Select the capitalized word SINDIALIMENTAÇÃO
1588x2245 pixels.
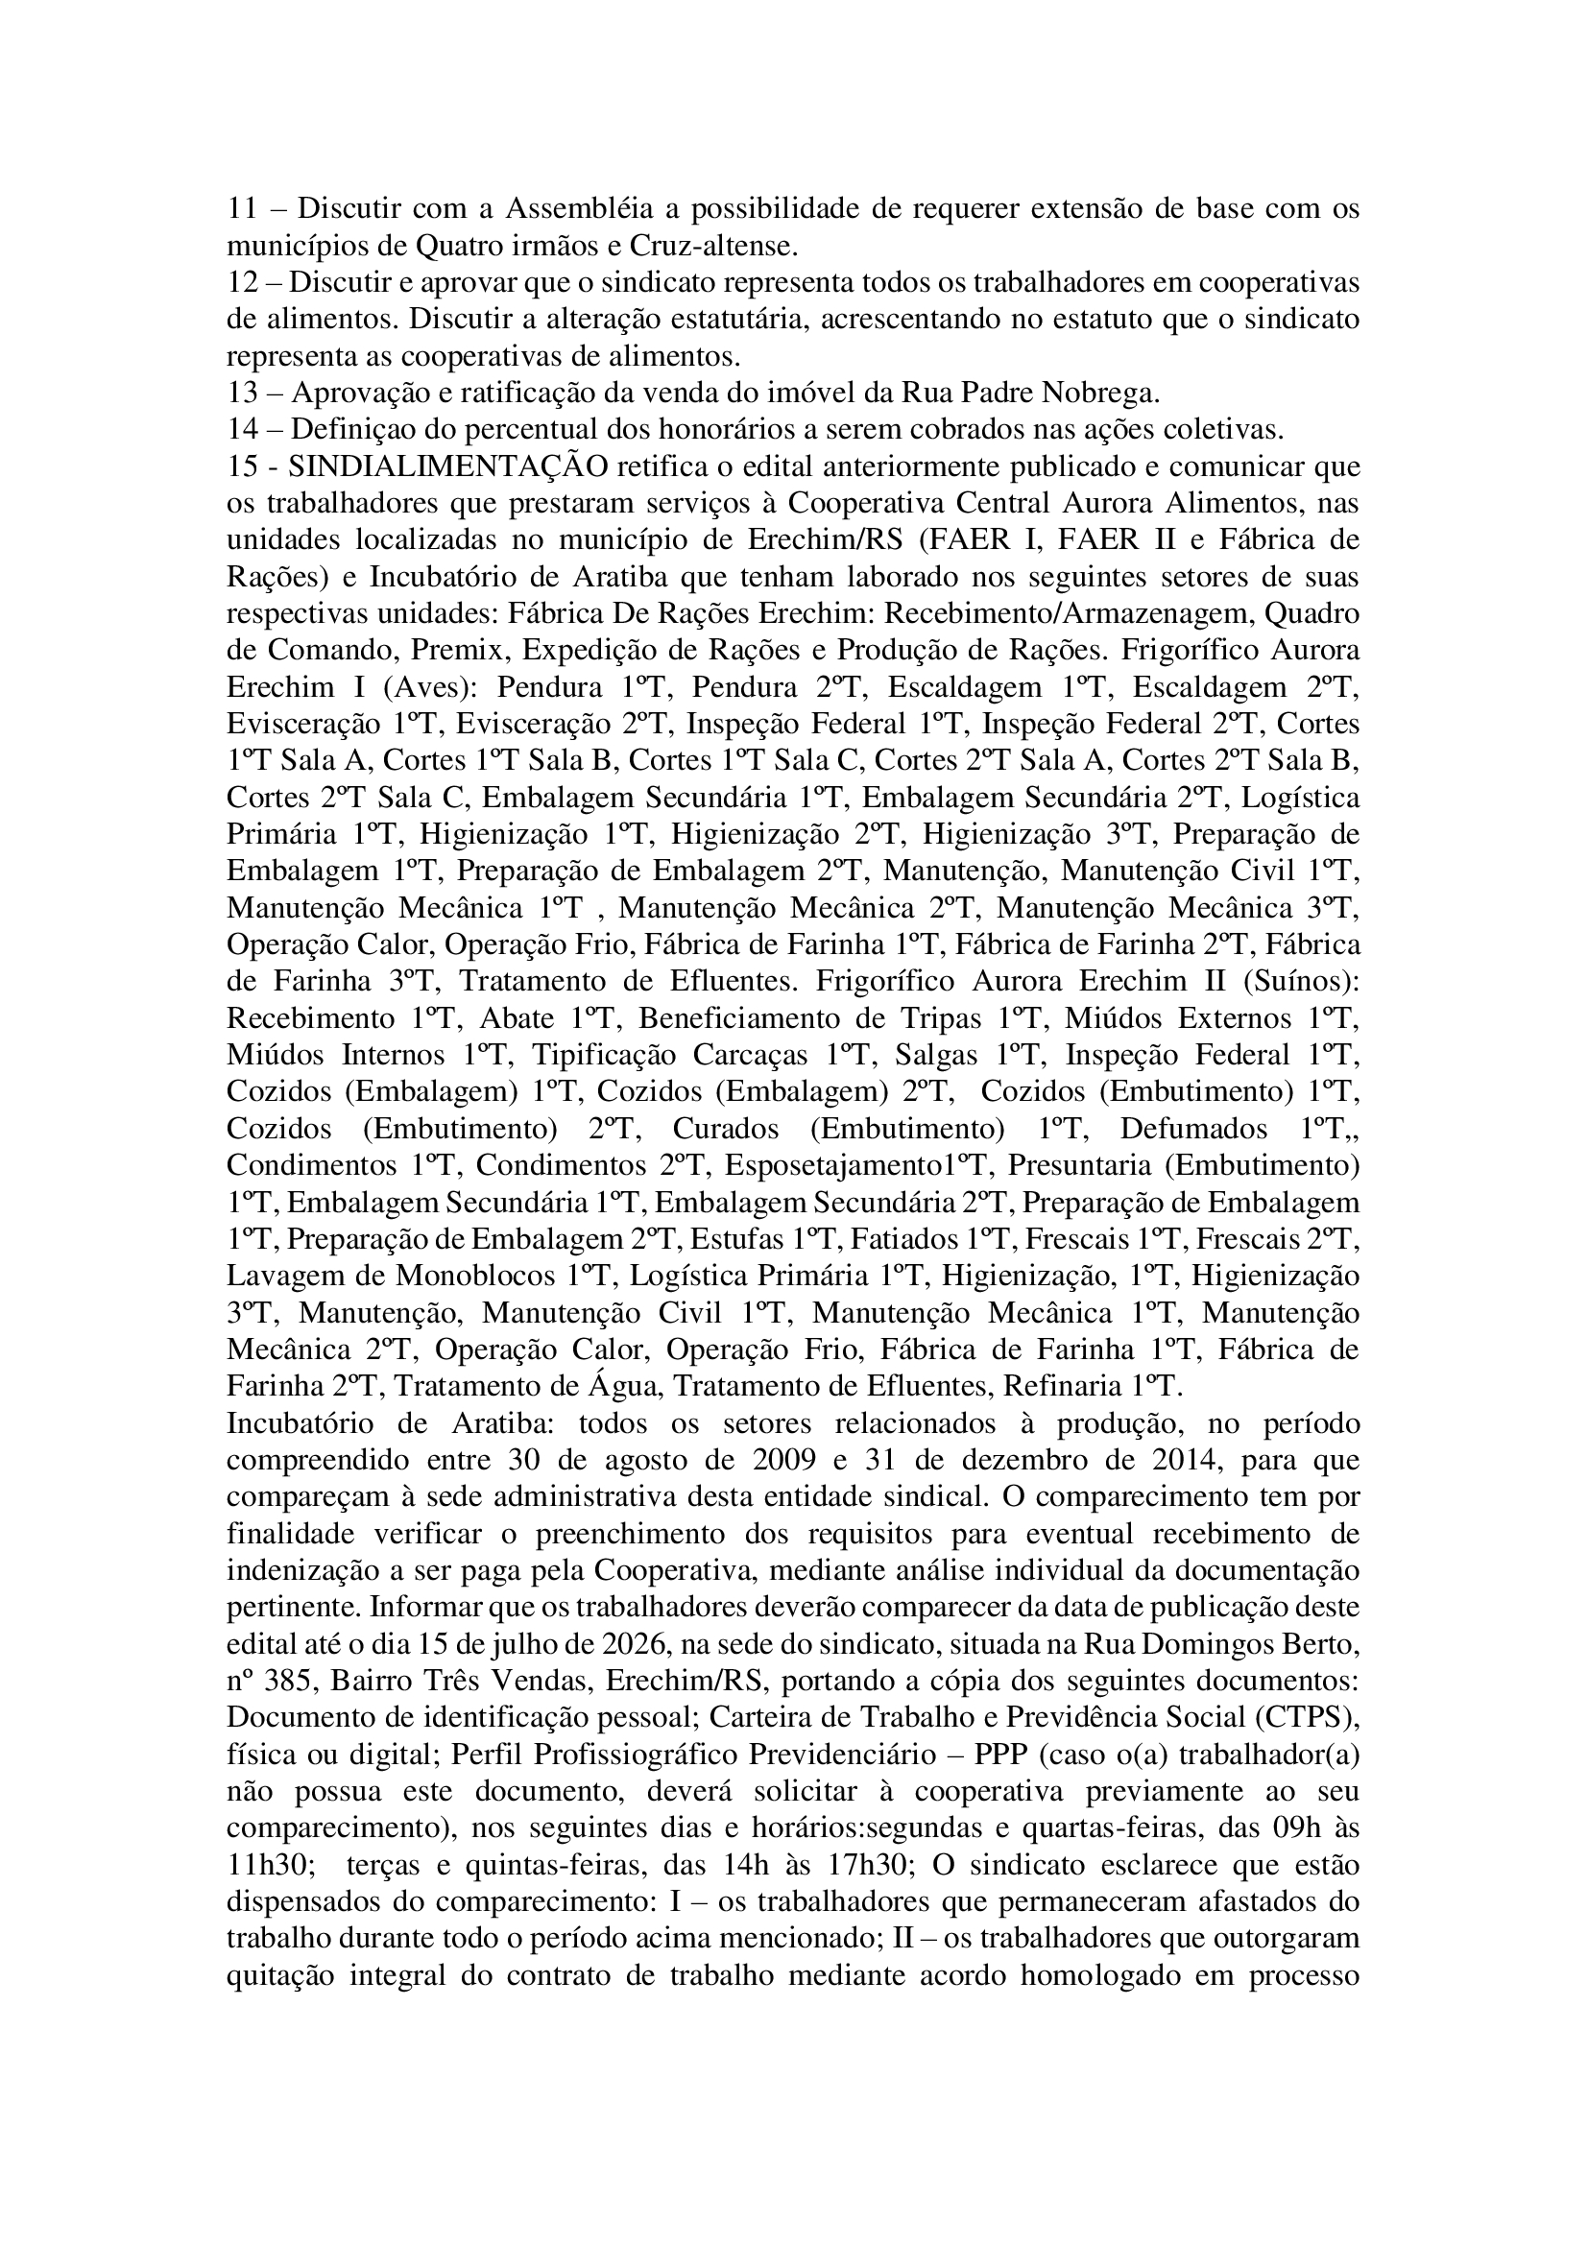pos(447,466)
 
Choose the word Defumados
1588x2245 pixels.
pos(1193,1129)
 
